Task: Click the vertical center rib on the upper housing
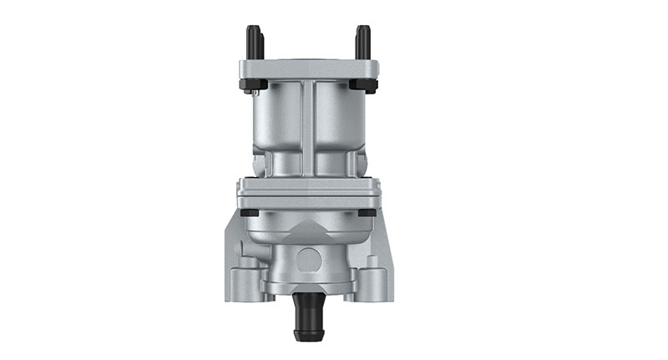click(309, 125)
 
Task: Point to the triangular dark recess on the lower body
click(308, 226)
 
